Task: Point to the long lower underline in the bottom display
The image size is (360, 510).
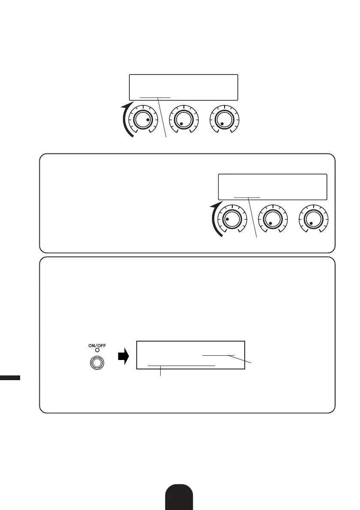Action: (x=181, y=366)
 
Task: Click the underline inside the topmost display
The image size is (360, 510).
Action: (x=155, y=97)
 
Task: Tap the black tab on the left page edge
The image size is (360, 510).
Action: (x=10, y=377)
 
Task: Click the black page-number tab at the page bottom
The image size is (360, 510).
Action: (x=180, y=497)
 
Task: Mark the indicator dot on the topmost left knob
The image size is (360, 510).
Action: (x=148, y=120)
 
